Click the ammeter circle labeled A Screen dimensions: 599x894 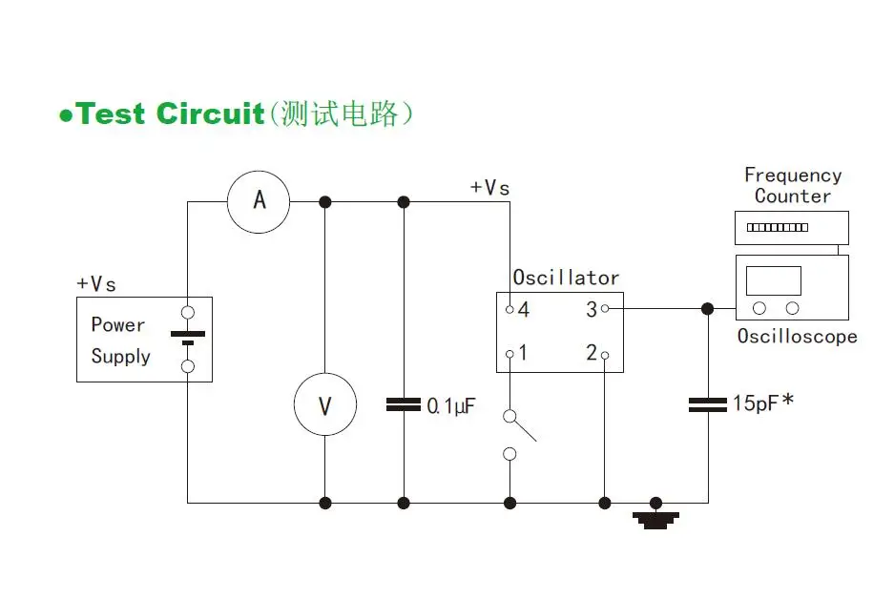259,201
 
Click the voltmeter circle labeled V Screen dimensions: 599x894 324,405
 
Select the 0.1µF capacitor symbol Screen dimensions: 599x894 404,405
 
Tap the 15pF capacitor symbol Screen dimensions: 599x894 708,405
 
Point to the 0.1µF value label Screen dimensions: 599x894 450,406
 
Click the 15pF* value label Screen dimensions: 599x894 762,403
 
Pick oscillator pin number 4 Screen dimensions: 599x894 523,309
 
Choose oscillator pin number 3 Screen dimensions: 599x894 592,309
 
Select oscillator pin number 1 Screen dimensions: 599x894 523,353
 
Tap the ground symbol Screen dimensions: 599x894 655,519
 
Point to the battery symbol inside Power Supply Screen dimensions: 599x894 188,338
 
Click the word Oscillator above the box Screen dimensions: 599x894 566,278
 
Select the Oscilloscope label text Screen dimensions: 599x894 797,337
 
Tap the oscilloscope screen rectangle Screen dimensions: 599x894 774,280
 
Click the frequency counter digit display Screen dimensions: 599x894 777,227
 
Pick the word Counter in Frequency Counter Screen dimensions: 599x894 792,196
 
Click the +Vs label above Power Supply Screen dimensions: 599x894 96,284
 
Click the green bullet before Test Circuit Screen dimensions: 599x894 66,116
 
